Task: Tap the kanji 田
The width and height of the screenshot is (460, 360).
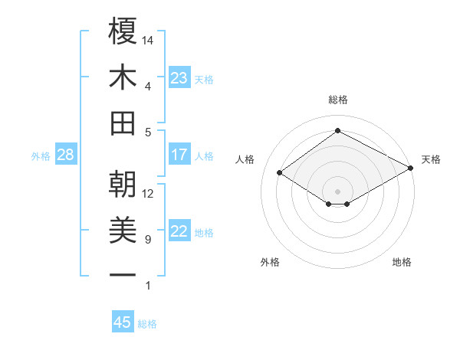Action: (123, 123)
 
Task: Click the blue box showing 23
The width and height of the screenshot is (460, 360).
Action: (179, 78)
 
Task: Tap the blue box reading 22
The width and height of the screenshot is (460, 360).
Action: (179, 232)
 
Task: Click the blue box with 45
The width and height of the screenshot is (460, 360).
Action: (123, 322)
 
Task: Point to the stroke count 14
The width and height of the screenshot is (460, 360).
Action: (149, 39)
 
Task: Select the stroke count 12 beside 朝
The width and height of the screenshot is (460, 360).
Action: (149, 194)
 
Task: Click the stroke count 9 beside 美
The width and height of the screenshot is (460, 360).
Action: (148, 240)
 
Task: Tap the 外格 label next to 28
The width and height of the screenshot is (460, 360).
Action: (41, 156)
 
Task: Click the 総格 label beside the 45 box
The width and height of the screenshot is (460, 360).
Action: (148, 323)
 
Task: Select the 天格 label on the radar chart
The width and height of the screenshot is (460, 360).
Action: (431, 159)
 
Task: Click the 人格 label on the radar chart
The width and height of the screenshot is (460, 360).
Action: (245, 159)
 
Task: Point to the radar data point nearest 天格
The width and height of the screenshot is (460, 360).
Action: (412, 169)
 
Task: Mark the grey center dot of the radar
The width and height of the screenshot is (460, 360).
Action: (337, 190)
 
